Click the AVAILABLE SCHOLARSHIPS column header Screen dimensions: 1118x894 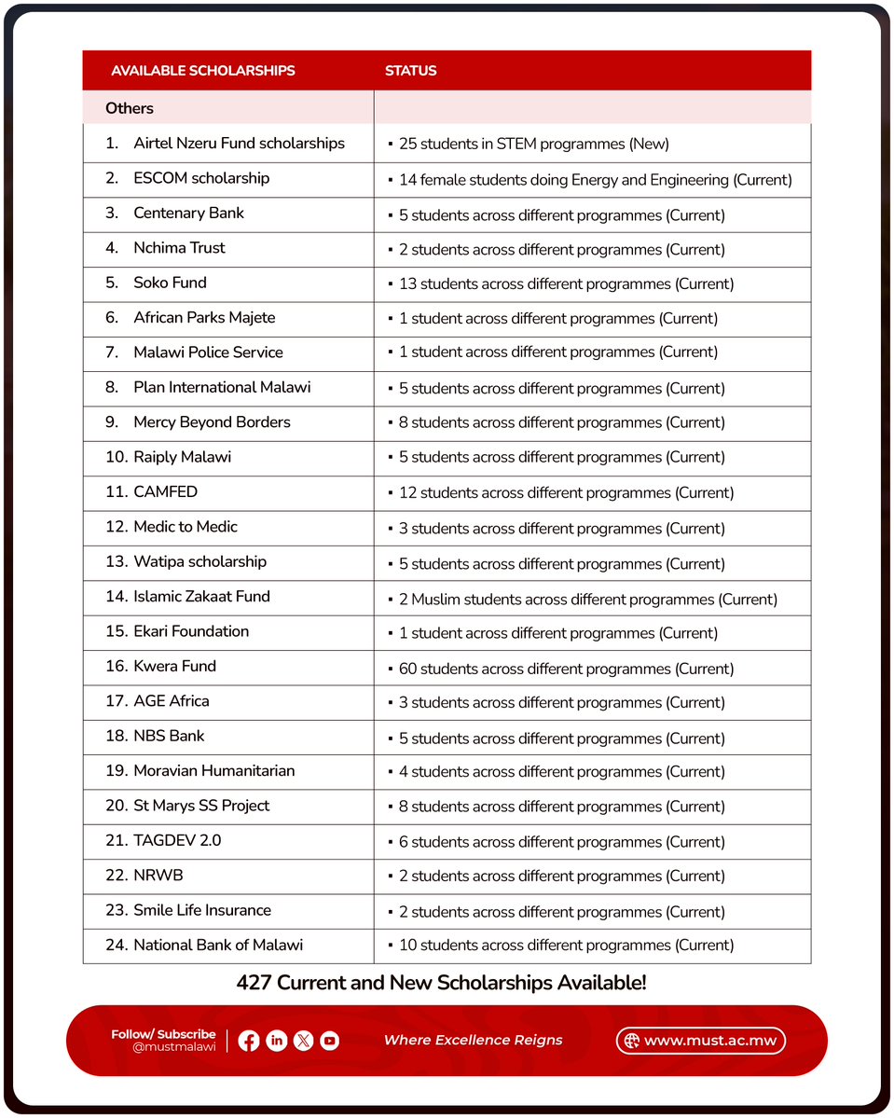click(202, 71)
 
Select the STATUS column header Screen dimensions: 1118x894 click(411, 71)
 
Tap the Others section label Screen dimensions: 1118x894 click(130, 108)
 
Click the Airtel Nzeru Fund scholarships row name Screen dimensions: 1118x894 click(239, 144)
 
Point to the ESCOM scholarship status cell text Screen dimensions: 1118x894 click(595, 180)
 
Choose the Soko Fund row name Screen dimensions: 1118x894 click(170, 283)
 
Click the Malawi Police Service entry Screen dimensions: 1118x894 click(208, 352)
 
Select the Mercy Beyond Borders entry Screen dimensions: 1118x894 click(212, 422)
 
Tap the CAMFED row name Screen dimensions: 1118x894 click(165, 492)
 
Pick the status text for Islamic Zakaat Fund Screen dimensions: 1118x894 click(587, 600)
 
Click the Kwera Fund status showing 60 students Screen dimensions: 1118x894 click(566, 669)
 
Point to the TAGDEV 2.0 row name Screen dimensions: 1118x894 click(177, 841)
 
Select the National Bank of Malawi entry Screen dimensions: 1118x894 click(218, 945)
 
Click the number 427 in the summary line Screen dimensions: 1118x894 click(254, 983)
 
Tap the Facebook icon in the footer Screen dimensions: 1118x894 click(249, 1041)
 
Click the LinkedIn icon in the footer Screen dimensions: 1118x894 click(276, 1041)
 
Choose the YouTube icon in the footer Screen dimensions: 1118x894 click(329, 1041)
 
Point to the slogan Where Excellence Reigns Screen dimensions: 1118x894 click(473, 1041)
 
